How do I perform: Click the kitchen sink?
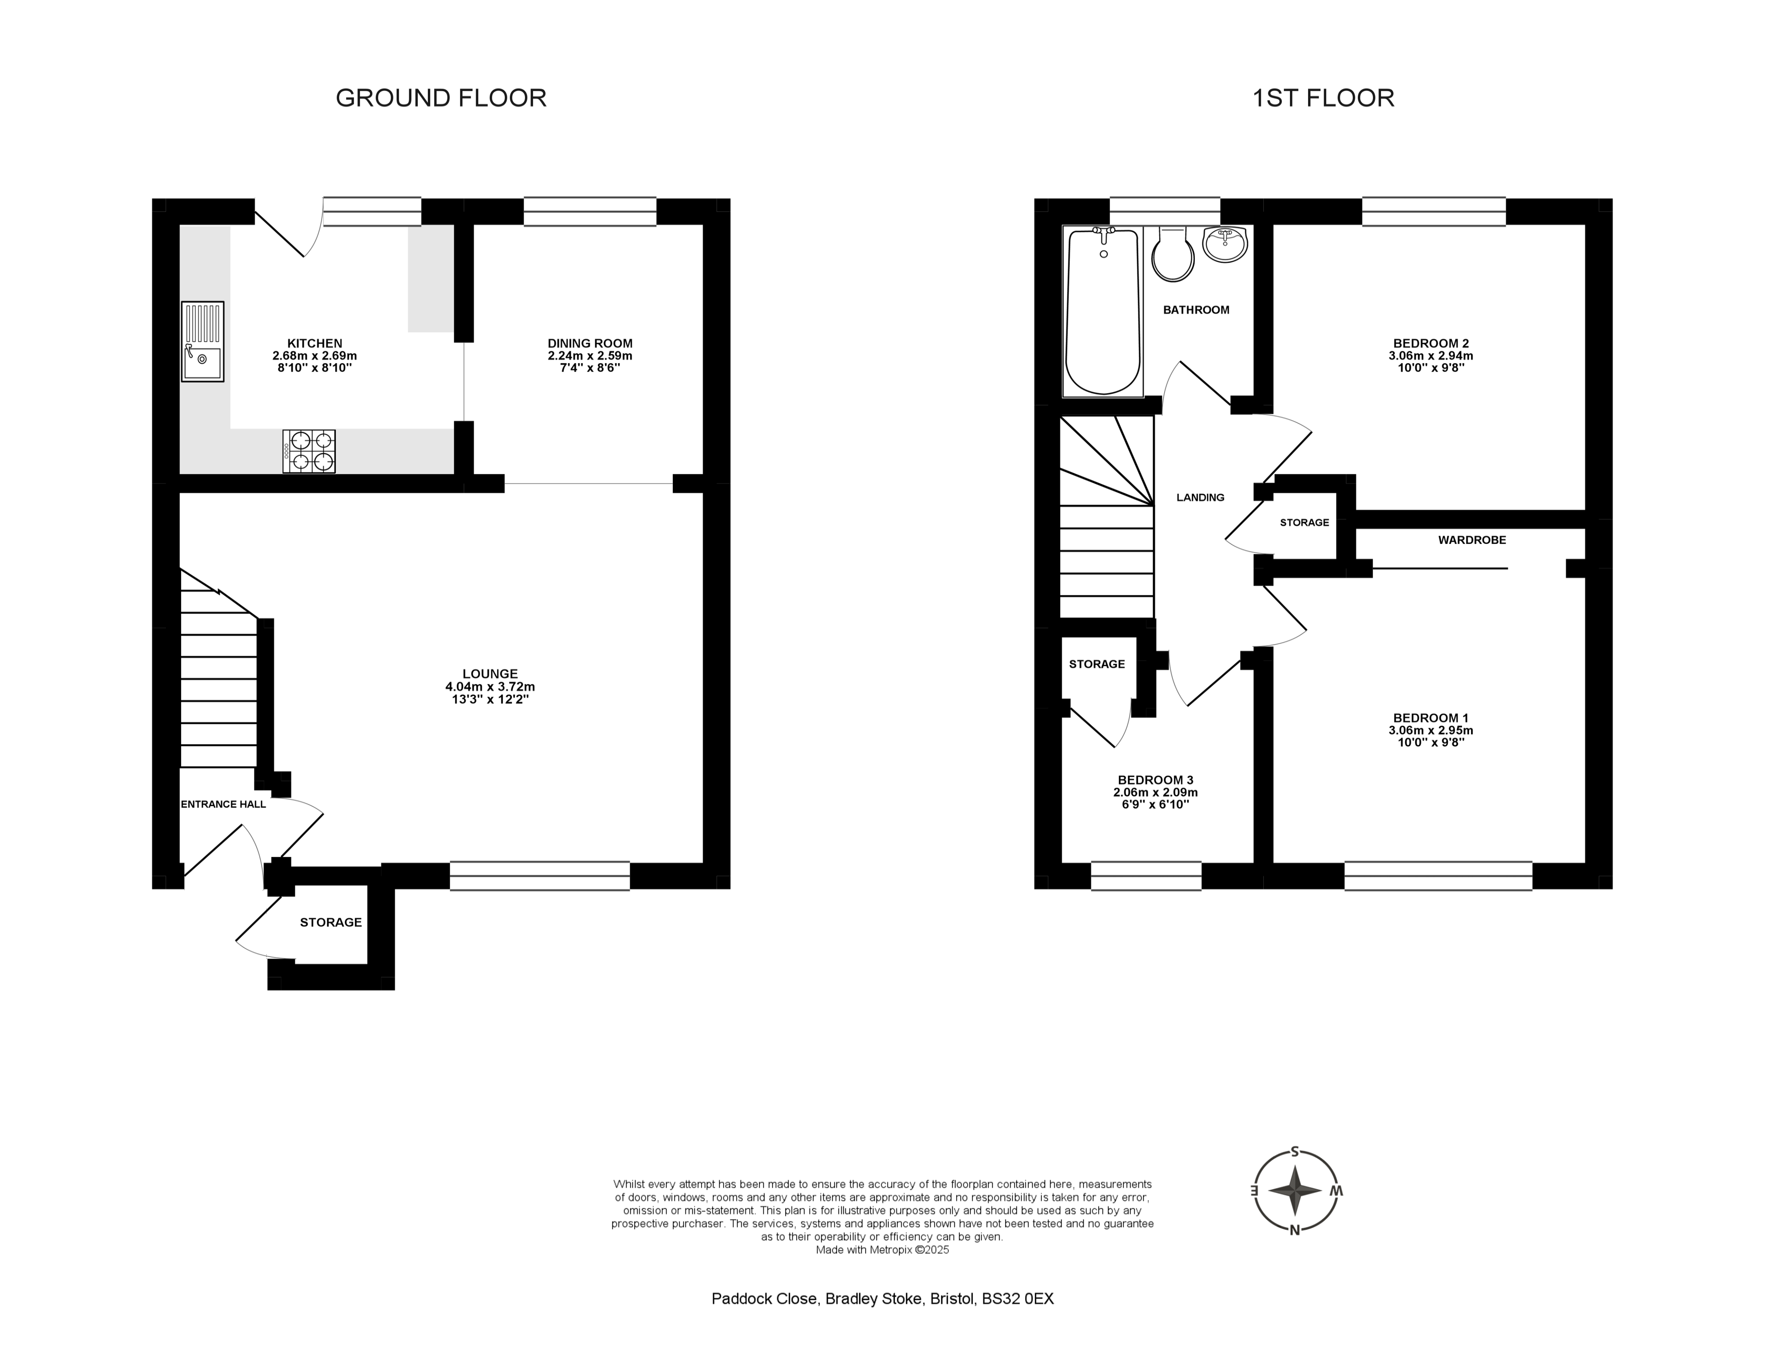[202, 342]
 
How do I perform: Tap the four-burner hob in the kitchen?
[309, 451]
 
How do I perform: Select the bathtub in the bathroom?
[1103, 311]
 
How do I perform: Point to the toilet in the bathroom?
[1173, 254]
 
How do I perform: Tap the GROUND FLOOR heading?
[441, 98]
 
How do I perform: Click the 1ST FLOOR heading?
[1323, 98]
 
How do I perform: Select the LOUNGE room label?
[490, 673]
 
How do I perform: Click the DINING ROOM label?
[590, 343]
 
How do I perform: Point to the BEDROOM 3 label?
[1156, 779]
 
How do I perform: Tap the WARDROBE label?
[1472, 540]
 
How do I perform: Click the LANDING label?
[1200, 497]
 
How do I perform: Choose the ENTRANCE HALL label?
[223, 804]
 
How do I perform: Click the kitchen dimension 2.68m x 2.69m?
[315, 356]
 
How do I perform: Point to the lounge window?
[540, 876]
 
